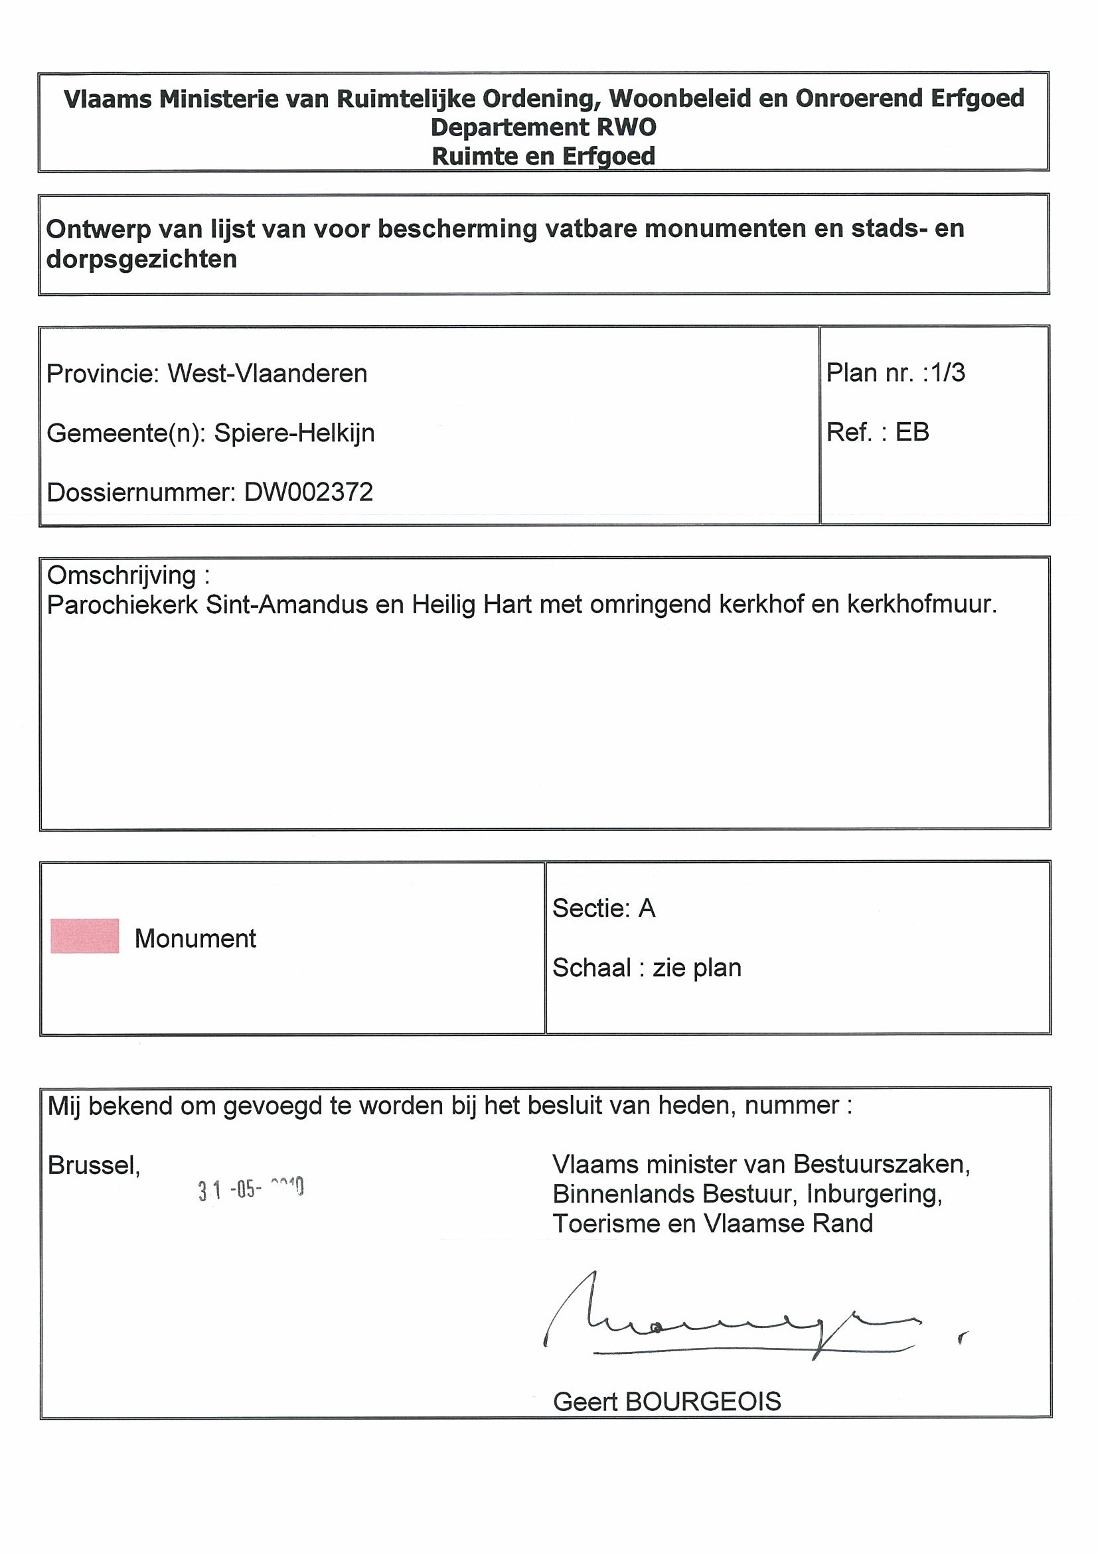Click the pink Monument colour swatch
click(x=84, y=936)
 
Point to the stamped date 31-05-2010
click(x=251, y=1189)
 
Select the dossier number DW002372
click(x=309, y=492)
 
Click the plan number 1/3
click(x=948, y=373)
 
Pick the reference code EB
click(x=912, y=432)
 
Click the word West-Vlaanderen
click(x=268, y=374)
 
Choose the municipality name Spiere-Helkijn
click(x=294, y=433)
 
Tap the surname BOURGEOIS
click(x=704, y=1402)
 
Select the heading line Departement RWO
click(x=543, y=127)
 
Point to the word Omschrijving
click(x=121, y=575)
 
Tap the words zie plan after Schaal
click(x=697, y=968)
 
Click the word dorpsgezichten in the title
click(x=141, y=259)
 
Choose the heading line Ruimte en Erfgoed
click(x=543, y=156)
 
